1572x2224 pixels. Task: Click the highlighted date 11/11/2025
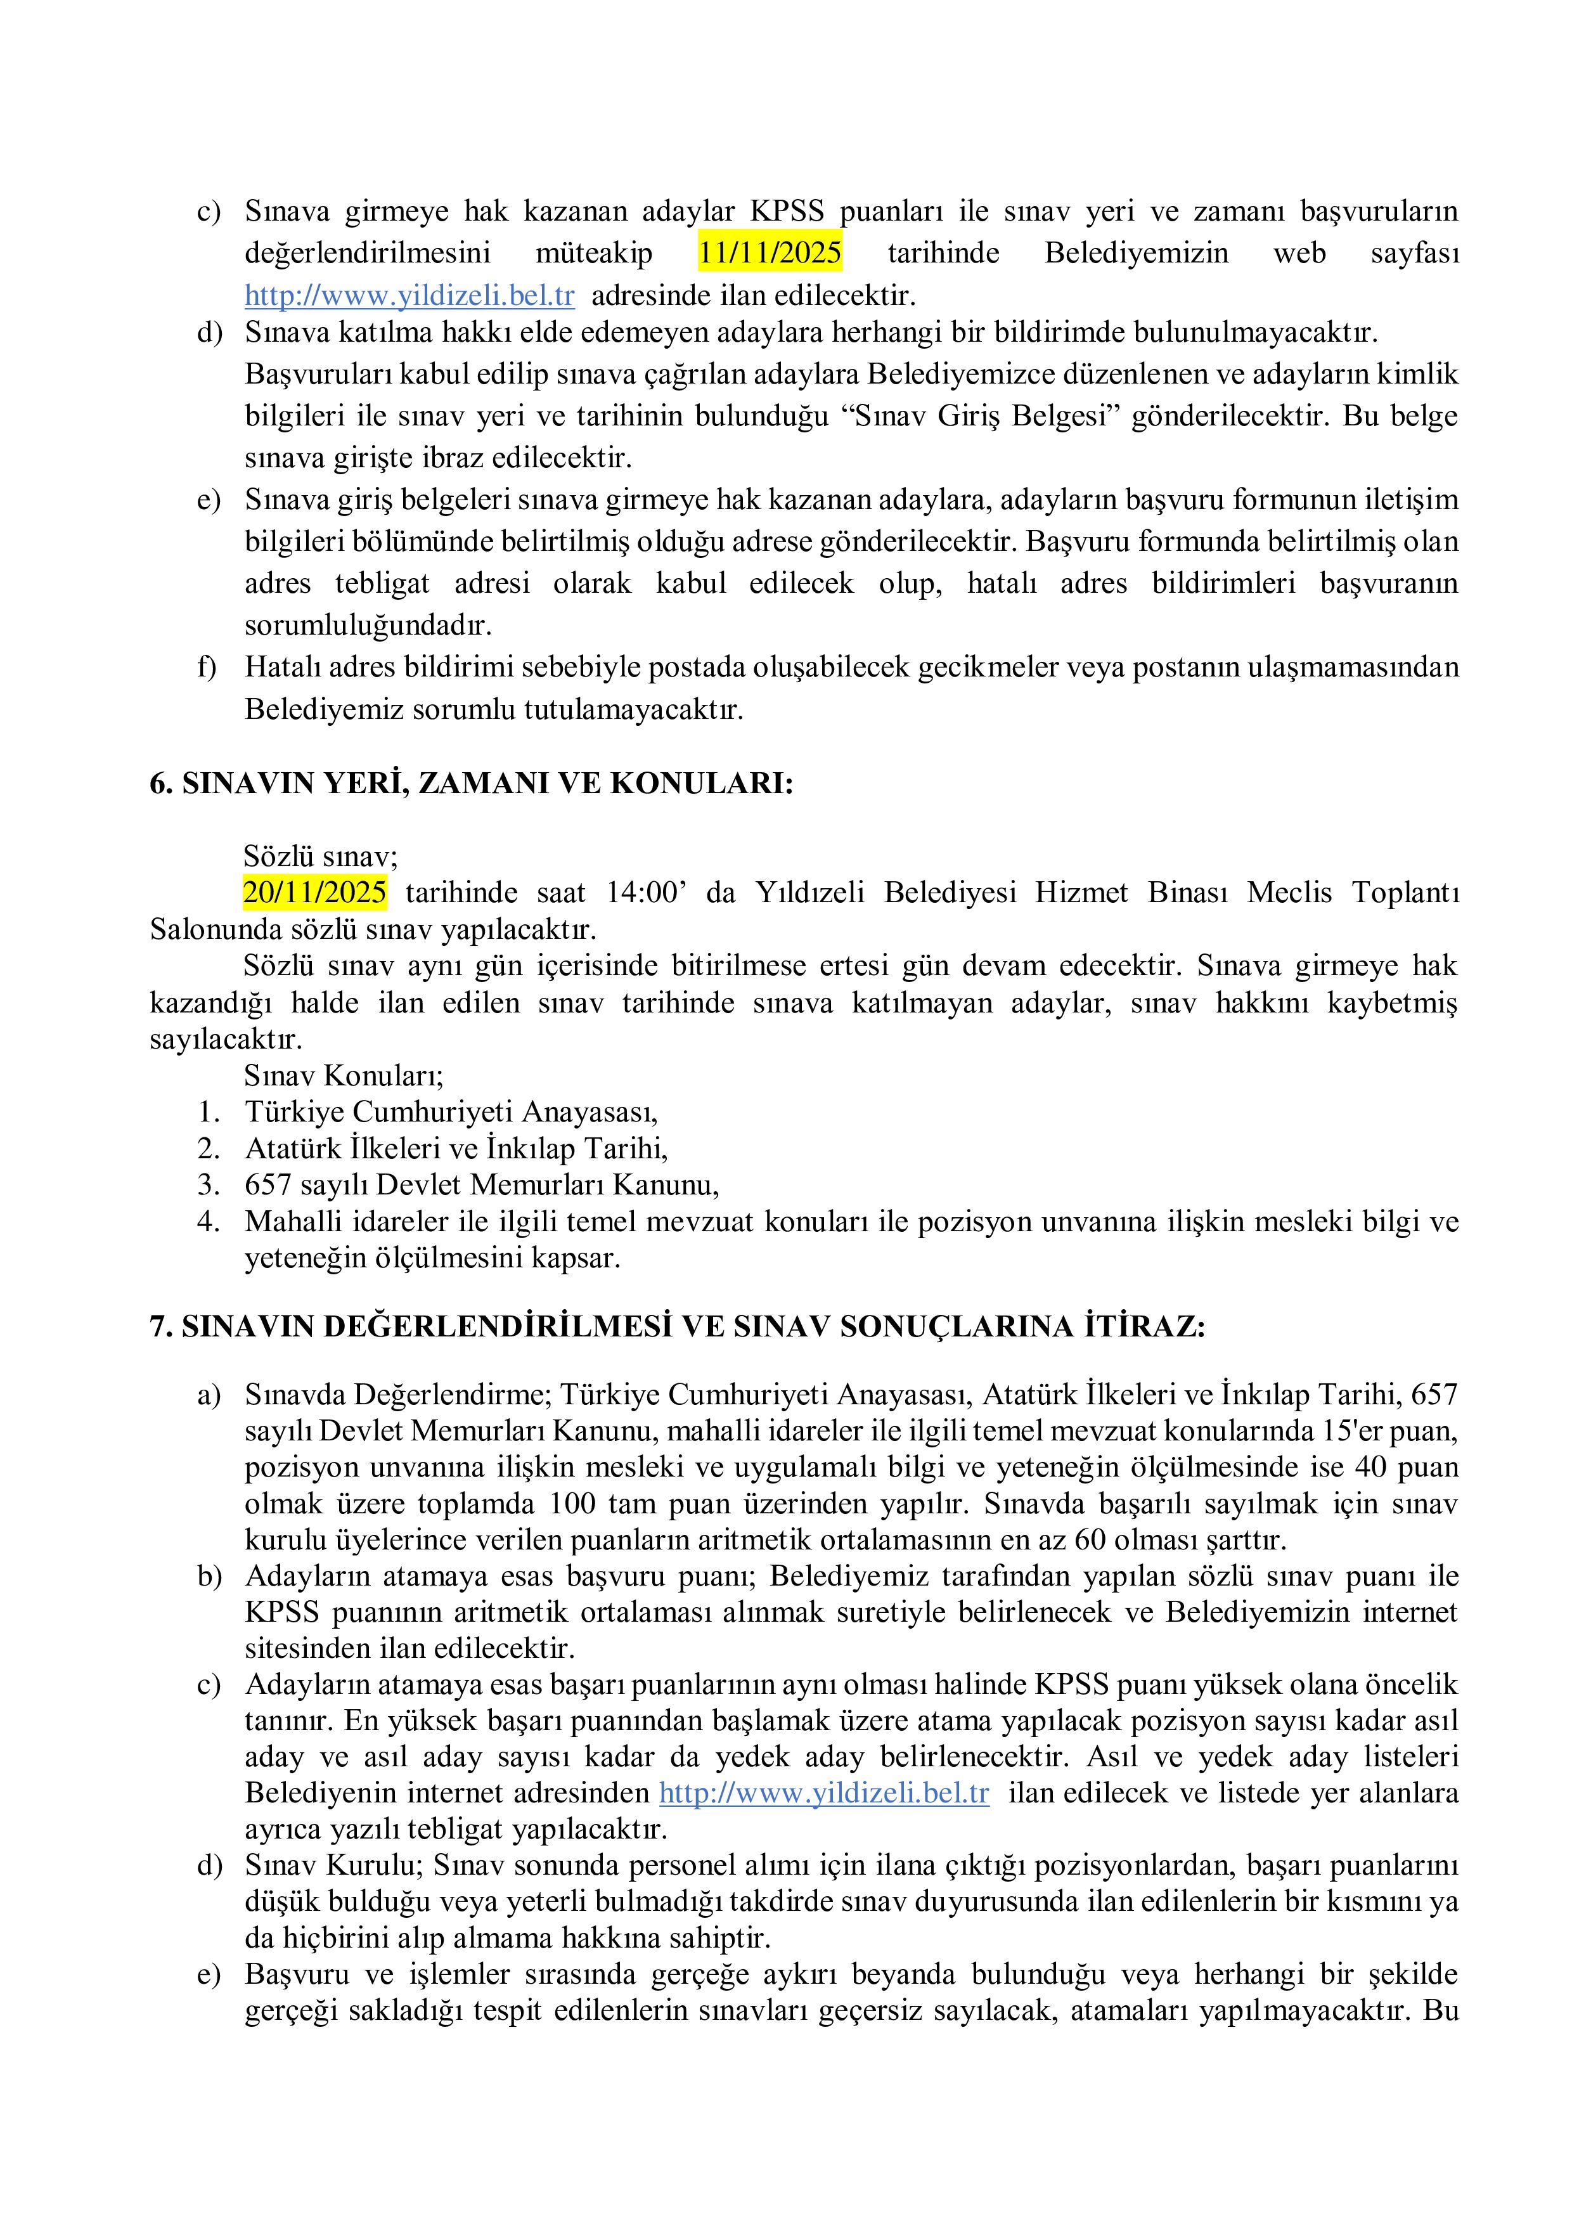tap(770, 253)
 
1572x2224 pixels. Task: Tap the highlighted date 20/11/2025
tap(315, 892)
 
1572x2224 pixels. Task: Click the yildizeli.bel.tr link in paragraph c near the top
tap(409, 294)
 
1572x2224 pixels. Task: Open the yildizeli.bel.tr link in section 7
tap(824, 1793)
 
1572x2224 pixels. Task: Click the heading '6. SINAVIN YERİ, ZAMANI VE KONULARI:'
tap(471, 783)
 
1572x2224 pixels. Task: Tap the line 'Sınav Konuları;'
tap(344, 1075)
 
